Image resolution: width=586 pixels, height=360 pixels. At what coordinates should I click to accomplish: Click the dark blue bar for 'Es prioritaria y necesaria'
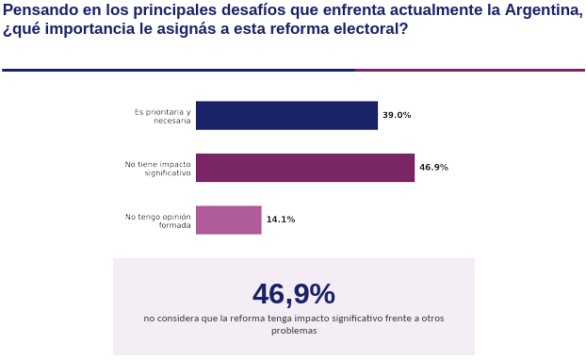coord(286,116)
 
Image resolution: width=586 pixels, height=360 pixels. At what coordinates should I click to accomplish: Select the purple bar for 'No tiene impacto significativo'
coord(305,168)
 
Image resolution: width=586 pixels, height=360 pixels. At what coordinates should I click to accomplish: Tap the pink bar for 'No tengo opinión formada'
coord(229,220)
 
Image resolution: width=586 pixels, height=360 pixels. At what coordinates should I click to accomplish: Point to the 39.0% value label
coord(397,115)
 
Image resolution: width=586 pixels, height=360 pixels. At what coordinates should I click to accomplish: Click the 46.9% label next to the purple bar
coord(433,168)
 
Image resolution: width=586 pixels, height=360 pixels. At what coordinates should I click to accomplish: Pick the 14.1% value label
coord(281,220)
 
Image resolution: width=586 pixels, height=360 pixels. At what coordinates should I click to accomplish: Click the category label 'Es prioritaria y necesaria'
coord(163,116)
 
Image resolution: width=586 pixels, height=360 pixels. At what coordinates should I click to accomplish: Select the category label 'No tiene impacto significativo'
coord(157,169)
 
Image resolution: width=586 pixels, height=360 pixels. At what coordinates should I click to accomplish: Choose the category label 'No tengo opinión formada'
coord(157,221)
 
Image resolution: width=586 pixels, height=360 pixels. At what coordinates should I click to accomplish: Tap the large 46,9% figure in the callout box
coord(294,294)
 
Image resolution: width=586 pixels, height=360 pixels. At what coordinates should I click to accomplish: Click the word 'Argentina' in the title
coord(544,10)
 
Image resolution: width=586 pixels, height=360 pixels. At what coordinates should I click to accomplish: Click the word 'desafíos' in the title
coord(254,10)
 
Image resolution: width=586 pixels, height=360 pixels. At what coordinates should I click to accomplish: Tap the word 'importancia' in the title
coord(90,29)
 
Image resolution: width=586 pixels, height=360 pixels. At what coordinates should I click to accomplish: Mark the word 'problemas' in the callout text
coord(294,331)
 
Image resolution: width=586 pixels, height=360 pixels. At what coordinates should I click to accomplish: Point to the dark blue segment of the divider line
coord(179,70)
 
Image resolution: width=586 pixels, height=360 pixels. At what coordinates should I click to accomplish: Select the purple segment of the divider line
coord(470,70)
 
